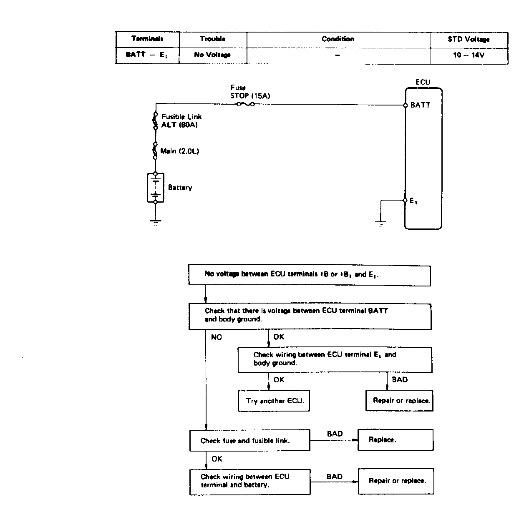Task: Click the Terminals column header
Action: [x=147, y=39]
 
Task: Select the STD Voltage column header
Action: [x=469, y=39]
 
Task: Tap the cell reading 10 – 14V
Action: [x=469, y=55]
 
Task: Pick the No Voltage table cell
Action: [x=212, y=55]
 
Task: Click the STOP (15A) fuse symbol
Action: [x=246, y=104]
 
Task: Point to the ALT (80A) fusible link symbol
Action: [x=155, y=120]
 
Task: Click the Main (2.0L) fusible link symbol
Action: [x=155, y=151]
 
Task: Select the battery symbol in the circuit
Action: [x=156, y=188]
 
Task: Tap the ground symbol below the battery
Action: [x=156, y=222]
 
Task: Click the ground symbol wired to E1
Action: [x=380, y=223]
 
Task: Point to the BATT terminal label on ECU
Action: [x=420, y=105]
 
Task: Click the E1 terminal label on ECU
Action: [x=413, y=201]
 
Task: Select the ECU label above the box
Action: [x=423, y=82]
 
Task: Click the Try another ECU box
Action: [x=274, y=401]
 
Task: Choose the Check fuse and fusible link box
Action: [x=250, y=440]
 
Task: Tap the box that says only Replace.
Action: [x=396, y=440]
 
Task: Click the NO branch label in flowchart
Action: [x=217, y=337]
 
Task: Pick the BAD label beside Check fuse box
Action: [x=335, y=434]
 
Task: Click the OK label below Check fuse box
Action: [x=217, y=459]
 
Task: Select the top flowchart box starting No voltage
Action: [x=310, y=275]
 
